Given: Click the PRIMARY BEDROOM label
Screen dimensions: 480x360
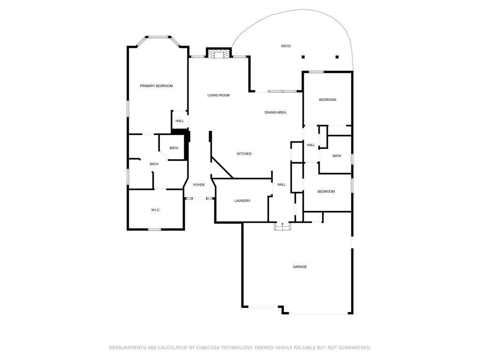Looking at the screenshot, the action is (x=157, y=86).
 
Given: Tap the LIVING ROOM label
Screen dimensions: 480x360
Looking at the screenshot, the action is (x=218, y=95).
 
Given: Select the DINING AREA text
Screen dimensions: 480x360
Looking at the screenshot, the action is (x=275, y=112).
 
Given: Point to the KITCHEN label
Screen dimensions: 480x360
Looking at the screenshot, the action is (x=244, y=154).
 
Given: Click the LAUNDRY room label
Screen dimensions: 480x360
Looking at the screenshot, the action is (x=242, y=201).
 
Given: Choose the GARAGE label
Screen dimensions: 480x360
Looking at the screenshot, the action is (x=300, y=267).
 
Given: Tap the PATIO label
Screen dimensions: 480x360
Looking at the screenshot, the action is (x=286, y=46).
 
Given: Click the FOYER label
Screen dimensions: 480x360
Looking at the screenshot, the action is (x=199, y=185).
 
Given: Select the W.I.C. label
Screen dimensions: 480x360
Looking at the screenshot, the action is (x=156, y=210).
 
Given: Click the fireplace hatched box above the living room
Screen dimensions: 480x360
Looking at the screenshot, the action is (x=218, y=53).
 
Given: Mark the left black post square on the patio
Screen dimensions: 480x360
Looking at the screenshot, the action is (x=303, y=57).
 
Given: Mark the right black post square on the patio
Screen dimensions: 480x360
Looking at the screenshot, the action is (x=337, y=57).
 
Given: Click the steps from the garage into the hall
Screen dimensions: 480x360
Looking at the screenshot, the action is (x=282, y=226).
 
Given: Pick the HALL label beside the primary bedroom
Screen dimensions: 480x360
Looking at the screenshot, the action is (x=180, y=121).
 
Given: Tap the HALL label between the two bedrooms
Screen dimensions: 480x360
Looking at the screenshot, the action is (x=311, y=145).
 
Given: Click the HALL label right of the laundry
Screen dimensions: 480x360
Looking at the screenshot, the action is (x=282, y=185).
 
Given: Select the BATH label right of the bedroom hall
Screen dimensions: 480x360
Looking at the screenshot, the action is (x=337, y=156).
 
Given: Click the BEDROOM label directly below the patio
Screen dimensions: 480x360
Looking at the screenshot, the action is (x=328, y=100).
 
